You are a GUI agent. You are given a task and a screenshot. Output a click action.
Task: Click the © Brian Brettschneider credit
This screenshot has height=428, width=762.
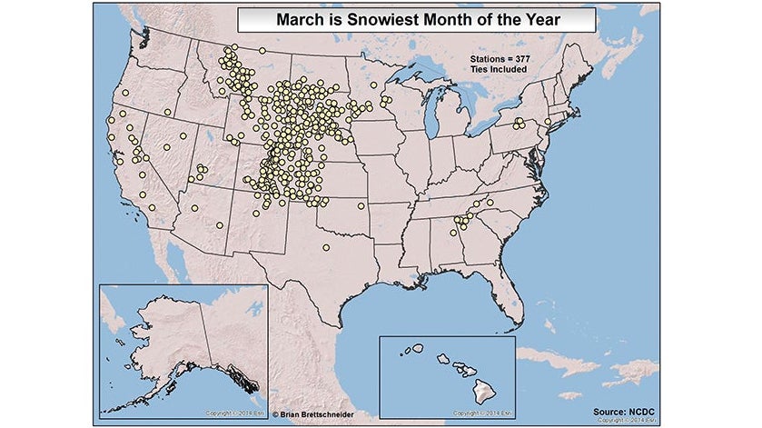tap(321, 413)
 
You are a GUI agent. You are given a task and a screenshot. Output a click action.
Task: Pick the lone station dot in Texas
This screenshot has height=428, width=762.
tap(326, 247)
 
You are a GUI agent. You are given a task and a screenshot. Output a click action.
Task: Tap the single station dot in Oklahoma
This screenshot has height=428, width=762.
tap(361, 206)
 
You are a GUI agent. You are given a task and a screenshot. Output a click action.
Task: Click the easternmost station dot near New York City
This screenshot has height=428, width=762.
tap(548, 122)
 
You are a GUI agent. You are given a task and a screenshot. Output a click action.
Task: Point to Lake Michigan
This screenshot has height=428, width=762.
tap(431, 114)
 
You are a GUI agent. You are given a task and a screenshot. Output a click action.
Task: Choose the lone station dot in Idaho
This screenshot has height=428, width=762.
tap(168, 113)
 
